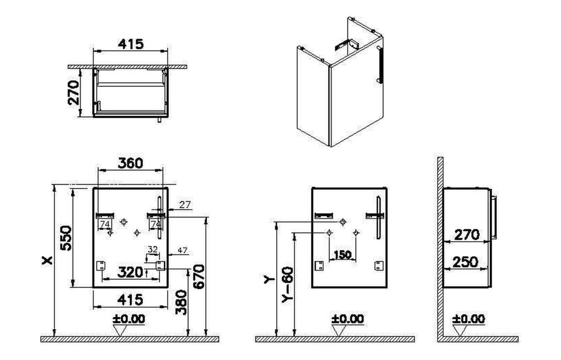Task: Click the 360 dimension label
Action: [x=130, y=163]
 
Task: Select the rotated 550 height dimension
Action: [x=66, y=238]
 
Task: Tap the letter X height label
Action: [x=47, y=261]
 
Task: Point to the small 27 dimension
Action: [x=185, y=205]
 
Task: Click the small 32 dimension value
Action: [x=153, y=249]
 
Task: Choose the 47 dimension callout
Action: [x=183, y=250]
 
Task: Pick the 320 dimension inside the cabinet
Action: [x=131, y=272]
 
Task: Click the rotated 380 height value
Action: [x=182, y=302]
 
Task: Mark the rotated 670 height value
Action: [x=198, y=276]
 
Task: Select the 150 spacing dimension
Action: [x=342, y=255]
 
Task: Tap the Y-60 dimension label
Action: [x=287, y=284]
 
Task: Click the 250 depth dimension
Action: [x=466, y=262]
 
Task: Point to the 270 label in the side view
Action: [x=467, y=235]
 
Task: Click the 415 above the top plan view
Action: [x=131, y=44]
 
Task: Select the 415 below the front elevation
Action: [x=130, y=299]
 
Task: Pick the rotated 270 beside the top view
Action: [x=74, y=93]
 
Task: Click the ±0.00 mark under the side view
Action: [x=468, y=318]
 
